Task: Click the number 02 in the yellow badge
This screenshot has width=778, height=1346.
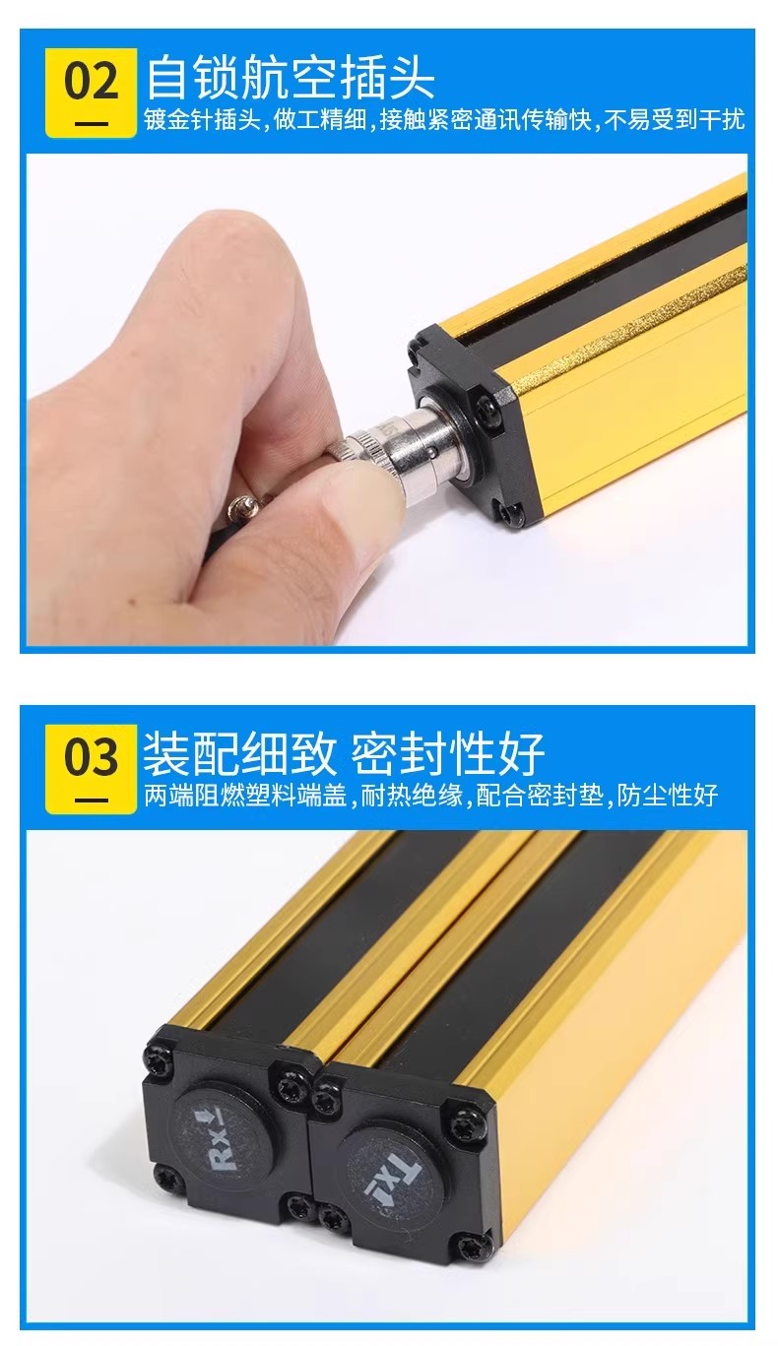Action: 92,82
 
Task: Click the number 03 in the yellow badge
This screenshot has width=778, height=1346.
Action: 92,758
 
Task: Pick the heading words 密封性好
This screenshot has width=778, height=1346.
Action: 447,754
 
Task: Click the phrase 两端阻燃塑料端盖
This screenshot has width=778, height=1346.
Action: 245,796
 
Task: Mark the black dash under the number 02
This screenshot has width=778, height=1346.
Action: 92,124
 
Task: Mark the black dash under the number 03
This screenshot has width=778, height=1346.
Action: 92,801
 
